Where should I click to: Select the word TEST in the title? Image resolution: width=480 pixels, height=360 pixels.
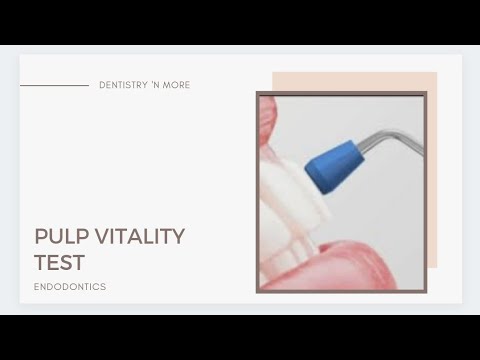point(59,263)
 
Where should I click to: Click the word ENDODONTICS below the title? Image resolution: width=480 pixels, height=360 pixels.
point(70,287)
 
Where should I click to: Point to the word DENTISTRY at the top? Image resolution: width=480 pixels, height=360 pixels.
point(122,86)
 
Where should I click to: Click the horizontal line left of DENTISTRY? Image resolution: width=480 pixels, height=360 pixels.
point(54,86)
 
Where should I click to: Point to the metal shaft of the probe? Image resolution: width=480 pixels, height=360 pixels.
point(390,140)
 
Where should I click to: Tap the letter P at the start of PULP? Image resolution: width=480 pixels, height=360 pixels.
point(41,237)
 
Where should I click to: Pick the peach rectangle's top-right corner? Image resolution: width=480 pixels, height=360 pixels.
point(436,73)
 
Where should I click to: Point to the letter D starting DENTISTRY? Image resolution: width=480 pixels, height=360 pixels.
point(103,86)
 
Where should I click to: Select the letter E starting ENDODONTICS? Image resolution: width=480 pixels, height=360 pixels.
point(37,287)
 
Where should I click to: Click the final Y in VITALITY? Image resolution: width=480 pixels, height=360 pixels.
point(178,237)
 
